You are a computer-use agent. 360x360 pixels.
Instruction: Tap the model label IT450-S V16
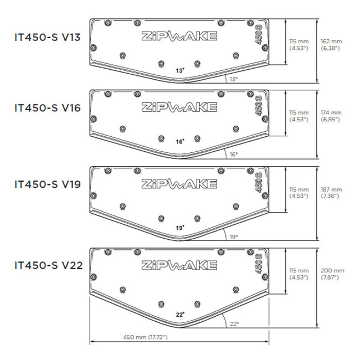48,108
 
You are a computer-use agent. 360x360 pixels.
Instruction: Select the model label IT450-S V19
48,184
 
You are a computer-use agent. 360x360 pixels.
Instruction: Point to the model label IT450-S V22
48,265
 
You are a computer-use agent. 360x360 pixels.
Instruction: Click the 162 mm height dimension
331,44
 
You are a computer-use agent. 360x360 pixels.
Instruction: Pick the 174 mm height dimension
331,116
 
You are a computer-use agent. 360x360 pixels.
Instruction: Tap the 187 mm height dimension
331,192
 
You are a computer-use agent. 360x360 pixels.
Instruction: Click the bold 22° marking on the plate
180,314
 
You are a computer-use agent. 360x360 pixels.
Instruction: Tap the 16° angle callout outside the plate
234,155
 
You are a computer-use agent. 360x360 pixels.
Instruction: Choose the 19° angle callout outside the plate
234,236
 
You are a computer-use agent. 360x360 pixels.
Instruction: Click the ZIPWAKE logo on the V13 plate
178,37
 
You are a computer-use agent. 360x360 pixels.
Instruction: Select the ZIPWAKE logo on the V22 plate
178,264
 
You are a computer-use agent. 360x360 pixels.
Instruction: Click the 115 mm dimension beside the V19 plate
299,192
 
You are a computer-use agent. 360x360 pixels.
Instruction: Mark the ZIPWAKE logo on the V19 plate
178,184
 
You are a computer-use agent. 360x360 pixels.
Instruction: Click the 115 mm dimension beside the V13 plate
299,44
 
